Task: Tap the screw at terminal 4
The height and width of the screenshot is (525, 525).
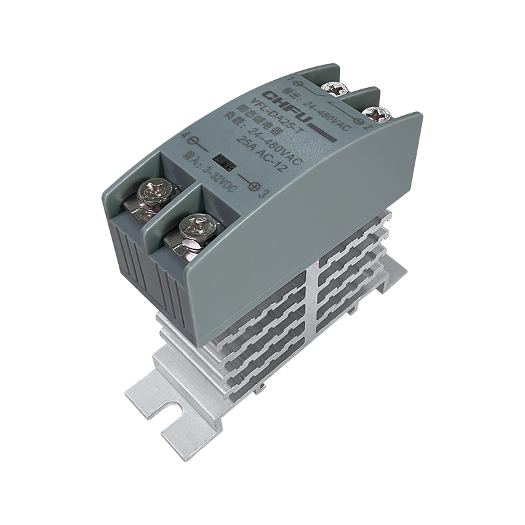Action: click(x=157, y=195)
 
